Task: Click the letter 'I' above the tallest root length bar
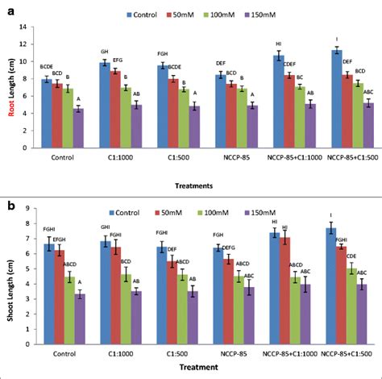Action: tap(338, 40)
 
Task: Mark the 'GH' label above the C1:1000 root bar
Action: tap(103, 52)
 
